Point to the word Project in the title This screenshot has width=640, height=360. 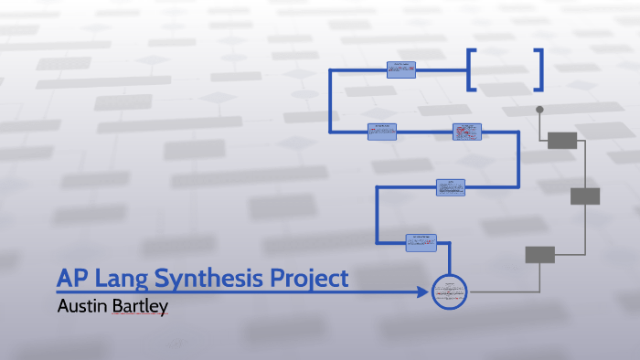pos(307,278)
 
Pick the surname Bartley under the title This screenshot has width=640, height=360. pos(140,306)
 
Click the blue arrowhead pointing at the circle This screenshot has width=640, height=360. pos(421,292)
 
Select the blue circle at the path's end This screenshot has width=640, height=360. pos(449,292)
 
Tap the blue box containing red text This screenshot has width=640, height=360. pos(466,132)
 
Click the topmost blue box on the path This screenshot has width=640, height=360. pos(400,69)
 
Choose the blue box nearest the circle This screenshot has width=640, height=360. pos(421,242)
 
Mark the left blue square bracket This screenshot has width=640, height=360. pos(471,69)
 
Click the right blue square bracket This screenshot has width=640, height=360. pos(539,69)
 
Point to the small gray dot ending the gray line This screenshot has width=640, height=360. pos(539,110)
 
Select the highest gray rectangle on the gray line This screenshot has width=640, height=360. pos(562,140)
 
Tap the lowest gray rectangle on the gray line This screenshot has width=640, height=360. pos(539,255)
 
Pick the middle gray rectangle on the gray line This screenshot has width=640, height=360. pos(585,196)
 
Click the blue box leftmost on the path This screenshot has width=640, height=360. pos(382,132)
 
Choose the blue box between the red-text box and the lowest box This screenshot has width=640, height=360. pos(451,186)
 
